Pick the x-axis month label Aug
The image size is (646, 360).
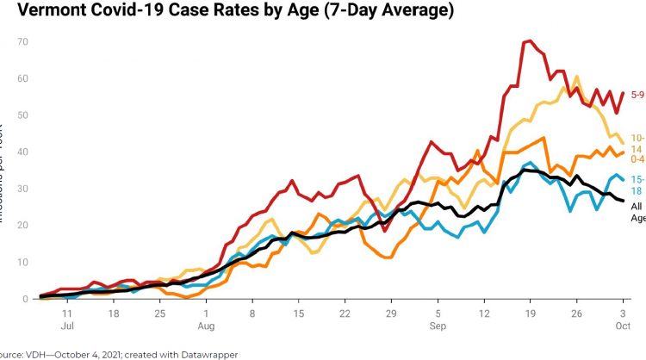pyautogui.click(x=206, y=327)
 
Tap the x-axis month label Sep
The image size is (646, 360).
pyautogui.click(x=438, y=327)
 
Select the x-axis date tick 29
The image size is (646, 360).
pyautogui.click(x=391, y=314)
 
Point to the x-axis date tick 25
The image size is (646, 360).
pyautogui.click(x=159, y=314)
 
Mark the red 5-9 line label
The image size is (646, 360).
pyautogui.click(x=637, y=94)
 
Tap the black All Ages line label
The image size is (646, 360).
pyautogui.click(x=637, y=212)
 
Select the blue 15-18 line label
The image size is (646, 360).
pyautogui.click(x=637, y=184)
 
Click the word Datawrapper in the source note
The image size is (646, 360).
pyautogui.click(x=203, y=353)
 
